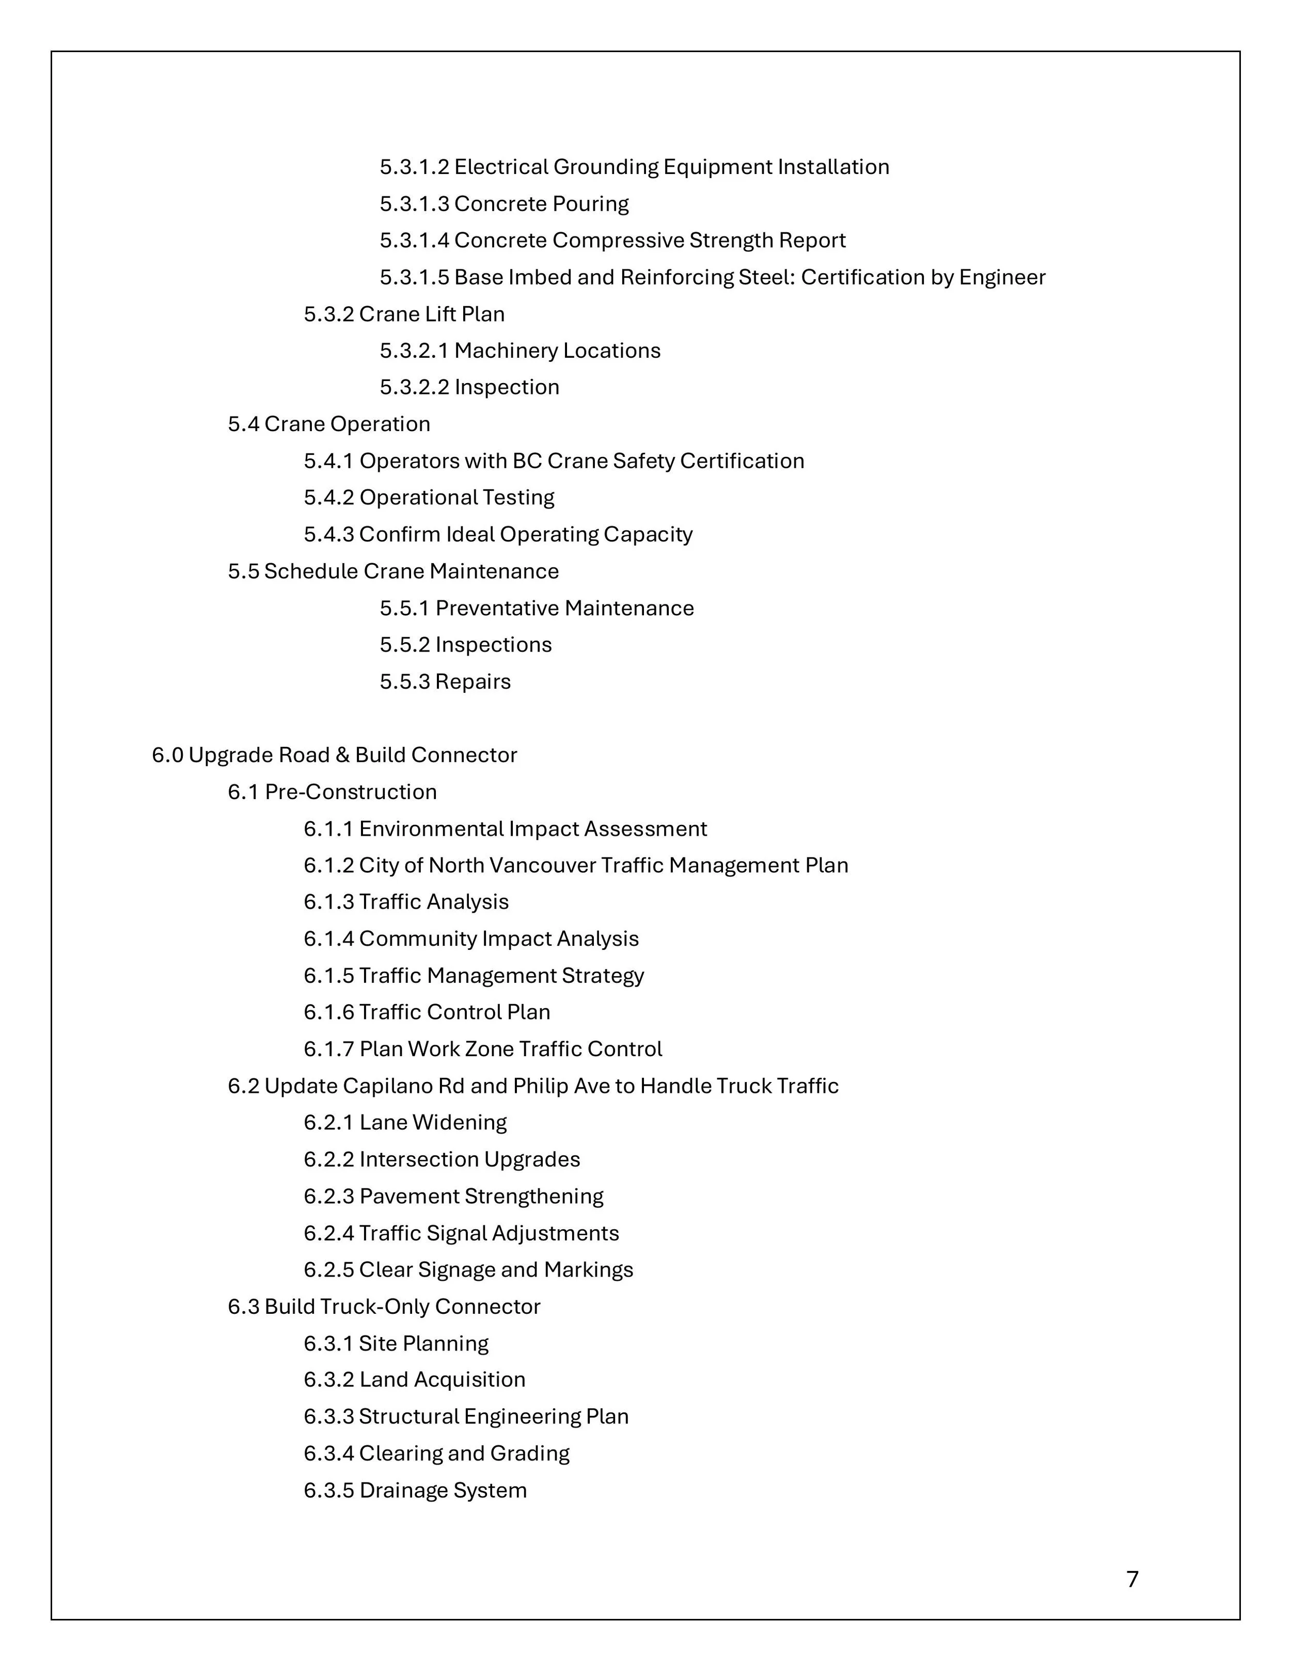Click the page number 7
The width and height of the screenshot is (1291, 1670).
point(1132,1579)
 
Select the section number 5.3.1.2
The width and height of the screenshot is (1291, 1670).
point(415,167)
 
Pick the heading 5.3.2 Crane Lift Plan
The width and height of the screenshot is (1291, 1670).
point(404,314)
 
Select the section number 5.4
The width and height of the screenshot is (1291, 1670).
point(244,424)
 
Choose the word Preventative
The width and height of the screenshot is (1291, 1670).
point(497,609)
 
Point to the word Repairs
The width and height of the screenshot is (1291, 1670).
point(473,682)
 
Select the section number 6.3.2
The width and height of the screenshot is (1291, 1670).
point(329,1380)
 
